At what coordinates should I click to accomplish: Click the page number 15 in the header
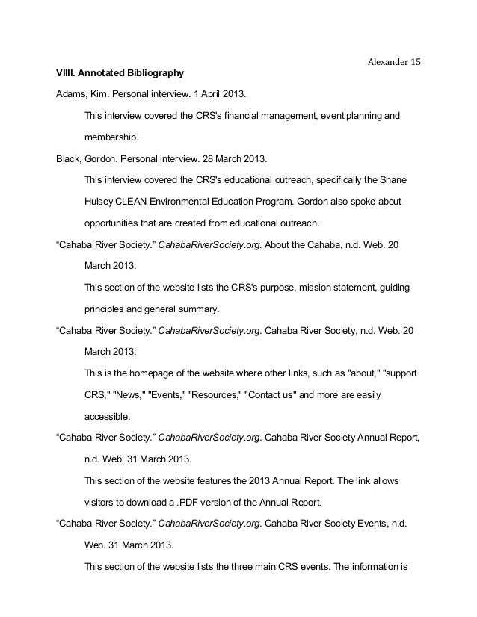coord(414,62)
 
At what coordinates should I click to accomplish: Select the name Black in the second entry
coord(68,160)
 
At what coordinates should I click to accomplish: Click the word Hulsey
coord(99,202)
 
